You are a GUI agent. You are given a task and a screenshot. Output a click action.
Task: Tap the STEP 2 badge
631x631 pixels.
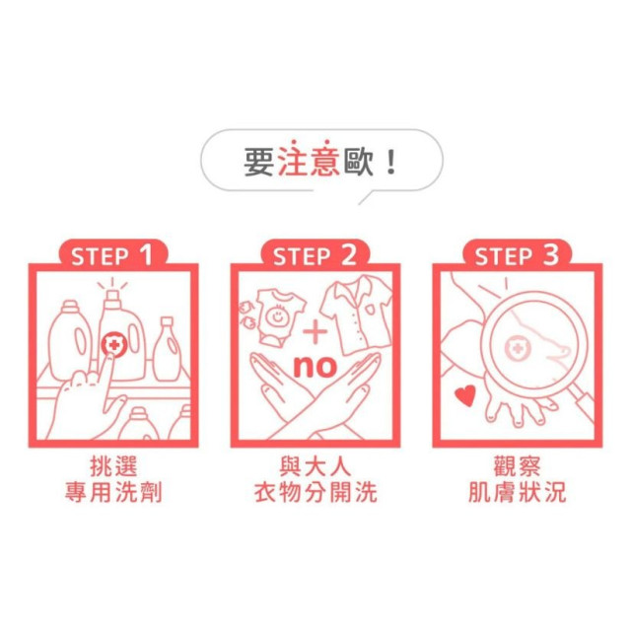[x=315, y=256]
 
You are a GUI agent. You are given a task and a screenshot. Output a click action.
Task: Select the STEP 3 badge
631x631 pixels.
[x=517, y=256]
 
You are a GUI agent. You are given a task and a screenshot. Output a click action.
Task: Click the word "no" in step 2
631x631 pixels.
[x=315, y=367]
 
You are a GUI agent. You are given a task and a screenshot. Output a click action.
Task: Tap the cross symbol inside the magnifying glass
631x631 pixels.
[x=517, y=349]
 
